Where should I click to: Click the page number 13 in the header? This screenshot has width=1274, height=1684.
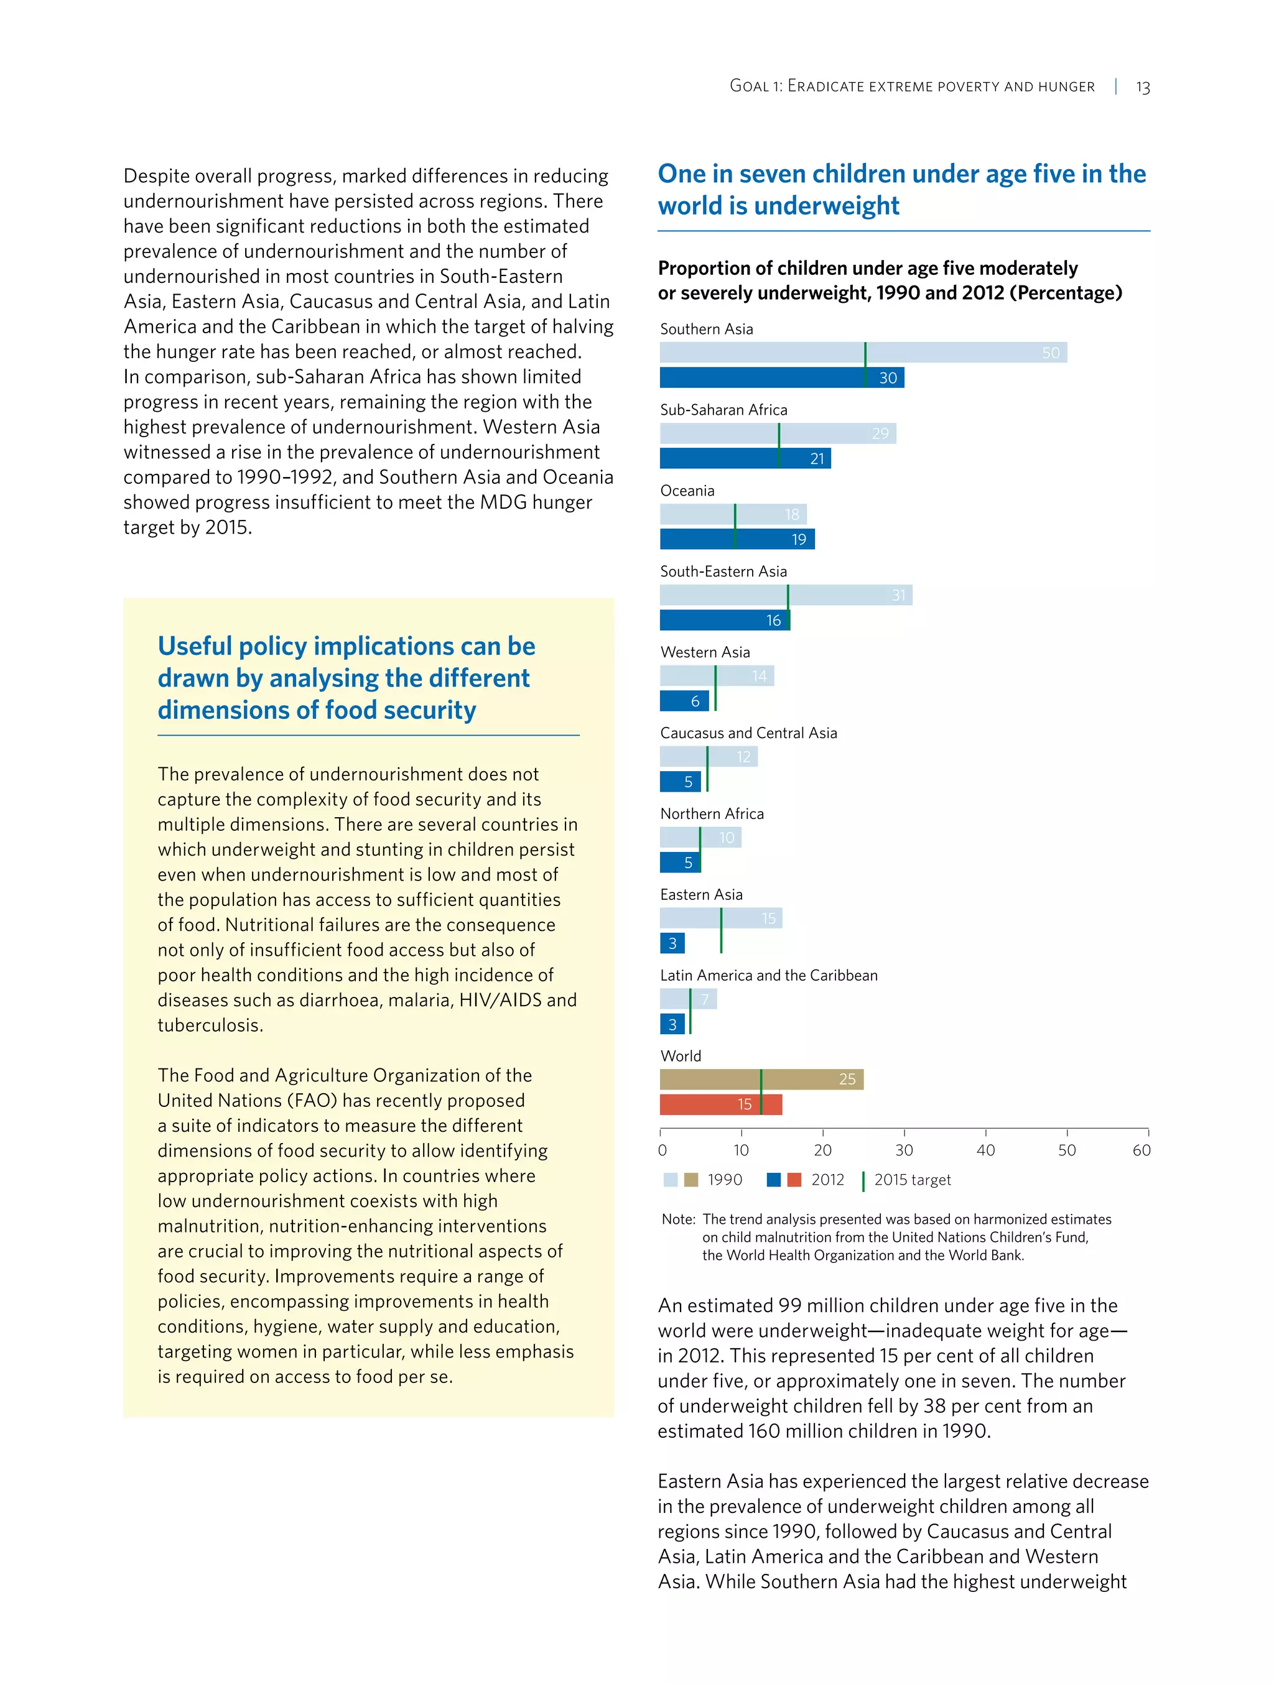1142,87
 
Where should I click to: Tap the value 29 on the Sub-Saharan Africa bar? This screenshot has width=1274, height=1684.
880,433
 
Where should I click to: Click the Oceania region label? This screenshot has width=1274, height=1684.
687,490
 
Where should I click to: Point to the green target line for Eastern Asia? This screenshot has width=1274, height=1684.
720,930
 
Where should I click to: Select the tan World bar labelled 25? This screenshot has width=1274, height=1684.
761,1079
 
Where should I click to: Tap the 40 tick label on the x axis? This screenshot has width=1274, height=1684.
985,1150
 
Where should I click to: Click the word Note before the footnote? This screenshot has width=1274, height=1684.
677,1219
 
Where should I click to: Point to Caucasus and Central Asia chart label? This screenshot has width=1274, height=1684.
748,733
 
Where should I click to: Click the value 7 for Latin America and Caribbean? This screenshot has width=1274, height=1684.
704,999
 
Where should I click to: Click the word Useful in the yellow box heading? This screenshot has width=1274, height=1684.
194,645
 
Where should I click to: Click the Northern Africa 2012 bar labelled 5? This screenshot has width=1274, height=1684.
679,862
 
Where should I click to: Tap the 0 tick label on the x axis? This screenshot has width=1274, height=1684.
662,1150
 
